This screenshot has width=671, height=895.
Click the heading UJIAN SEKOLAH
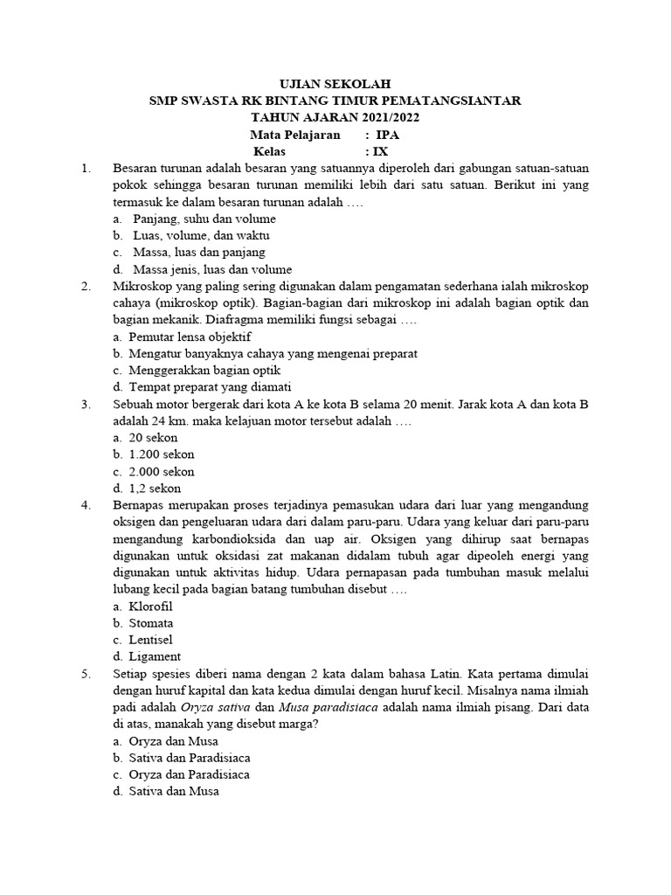(335, 85)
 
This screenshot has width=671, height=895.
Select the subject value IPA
(387, 135)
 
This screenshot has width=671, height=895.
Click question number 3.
(86, 405)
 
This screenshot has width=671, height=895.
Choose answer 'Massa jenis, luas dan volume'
(212, 269)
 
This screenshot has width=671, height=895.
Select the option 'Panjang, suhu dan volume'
(204, 219)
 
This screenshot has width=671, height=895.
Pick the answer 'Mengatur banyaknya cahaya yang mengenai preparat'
(273, 354)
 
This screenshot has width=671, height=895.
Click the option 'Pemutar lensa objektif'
(190, 336)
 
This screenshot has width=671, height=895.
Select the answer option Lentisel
(151, 640)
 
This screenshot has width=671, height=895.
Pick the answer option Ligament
(155, 656)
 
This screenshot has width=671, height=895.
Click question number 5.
(86, 674)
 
